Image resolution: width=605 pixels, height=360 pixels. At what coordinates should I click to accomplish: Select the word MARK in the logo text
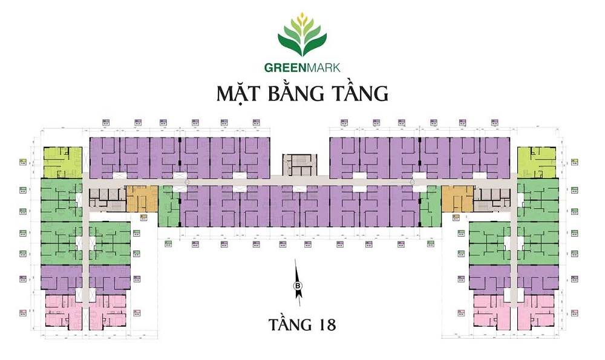(321, 68)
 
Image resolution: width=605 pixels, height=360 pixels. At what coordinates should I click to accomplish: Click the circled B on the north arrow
(298, 286)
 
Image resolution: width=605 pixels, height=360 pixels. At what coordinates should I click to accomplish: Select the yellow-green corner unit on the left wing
(62, 162)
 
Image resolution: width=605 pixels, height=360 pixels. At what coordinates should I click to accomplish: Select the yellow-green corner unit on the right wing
(537, 162)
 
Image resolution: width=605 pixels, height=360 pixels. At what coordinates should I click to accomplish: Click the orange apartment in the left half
(141, 198)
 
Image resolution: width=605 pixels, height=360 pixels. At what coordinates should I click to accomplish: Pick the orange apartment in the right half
(457, 198)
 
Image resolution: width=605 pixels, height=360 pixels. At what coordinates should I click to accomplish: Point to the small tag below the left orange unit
(144, 217)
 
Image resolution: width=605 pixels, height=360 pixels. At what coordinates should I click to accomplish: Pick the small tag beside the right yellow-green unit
(574, 162)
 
